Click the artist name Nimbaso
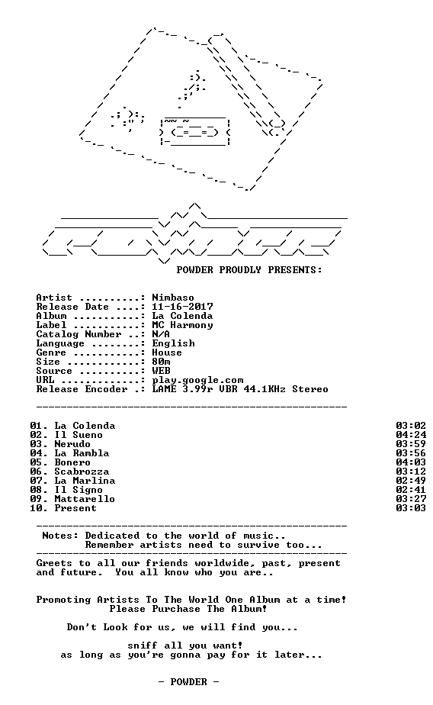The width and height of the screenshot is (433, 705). (173, 298)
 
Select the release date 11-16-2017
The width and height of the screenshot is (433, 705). (182, 307)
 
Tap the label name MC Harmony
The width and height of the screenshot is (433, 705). (182, 325)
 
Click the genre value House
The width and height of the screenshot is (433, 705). (167, 352)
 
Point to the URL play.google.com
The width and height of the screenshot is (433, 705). (197, 381)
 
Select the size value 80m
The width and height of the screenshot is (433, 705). (161, 362)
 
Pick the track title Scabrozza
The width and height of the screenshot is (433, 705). (82, 472)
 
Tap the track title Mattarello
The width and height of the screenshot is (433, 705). (85, 499)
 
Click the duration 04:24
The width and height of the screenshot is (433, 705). (411, 435)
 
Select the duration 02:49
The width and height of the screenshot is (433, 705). (411, 481)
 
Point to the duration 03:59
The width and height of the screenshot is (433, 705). (411, 444)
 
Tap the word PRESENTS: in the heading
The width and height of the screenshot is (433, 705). (295, 270)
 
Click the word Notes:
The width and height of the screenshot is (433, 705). (60, 536)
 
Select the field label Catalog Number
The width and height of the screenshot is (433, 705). (79, 334)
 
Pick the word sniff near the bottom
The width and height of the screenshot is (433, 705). (143, 646)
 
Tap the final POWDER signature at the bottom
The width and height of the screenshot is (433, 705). (188, 683)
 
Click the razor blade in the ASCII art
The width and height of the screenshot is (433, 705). (195, 132)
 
